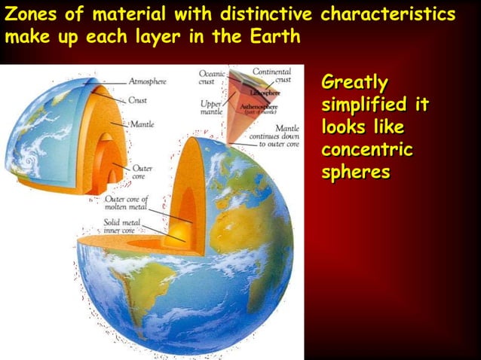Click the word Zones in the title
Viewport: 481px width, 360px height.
coord(29,14)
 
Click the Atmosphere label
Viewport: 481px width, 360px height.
coord(148,81)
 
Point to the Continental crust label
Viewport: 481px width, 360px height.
coord(271,75)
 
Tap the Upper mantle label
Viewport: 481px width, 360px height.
coord(210,108)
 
